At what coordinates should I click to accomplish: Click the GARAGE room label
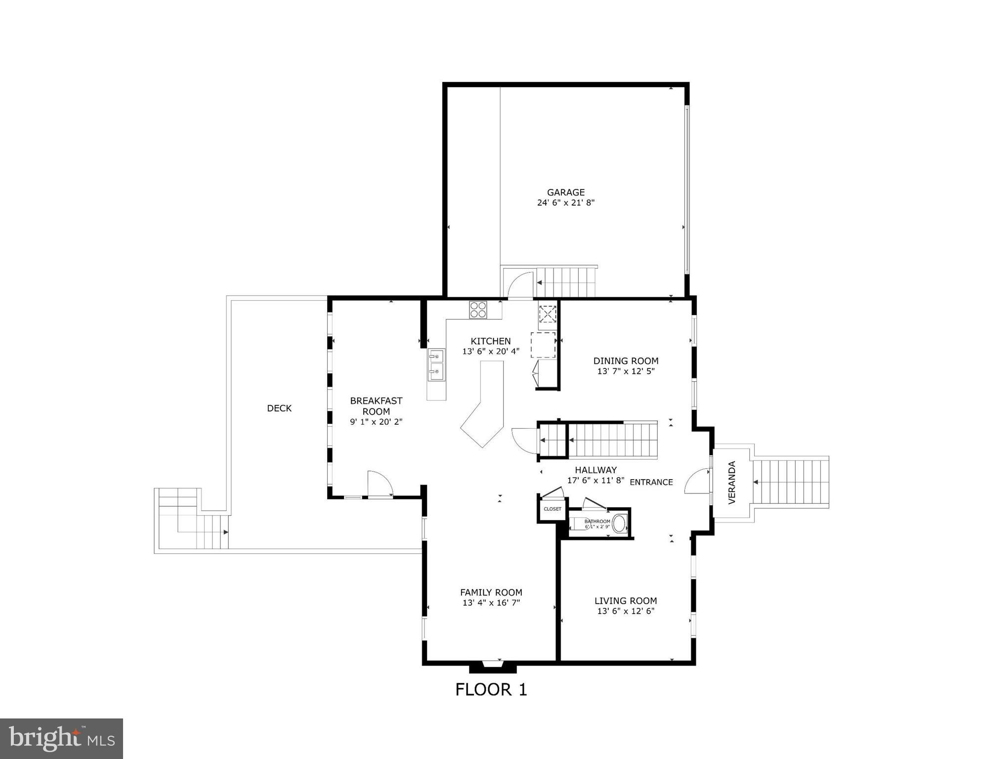pos(565,192)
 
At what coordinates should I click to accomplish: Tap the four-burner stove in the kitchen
pos(478,310)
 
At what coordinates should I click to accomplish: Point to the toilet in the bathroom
pos(619,524)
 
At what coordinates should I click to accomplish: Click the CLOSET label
pos(553,509)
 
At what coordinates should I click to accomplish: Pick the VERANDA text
pos(732,483)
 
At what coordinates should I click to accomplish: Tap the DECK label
pos(279,408)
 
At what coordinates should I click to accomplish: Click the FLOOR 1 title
pos(491,689)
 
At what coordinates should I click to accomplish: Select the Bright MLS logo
pos(61,739)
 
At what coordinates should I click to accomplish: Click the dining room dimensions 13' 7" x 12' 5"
pos(626,371)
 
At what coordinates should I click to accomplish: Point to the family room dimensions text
pos(491,603)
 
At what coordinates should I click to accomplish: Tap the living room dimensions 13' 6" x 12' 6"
pos(626,611)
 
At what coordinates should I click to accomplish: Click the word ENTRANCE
pos(651,482)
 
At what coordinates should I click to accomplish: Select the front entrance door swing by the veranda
pos(697,481)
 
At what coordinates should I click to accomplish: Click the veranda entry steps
pos(790,482)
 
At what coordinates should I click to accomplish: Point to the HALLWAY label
pos(596,470)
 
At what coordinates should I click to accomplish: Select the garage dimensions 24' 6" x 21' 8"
pos(565,203)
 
